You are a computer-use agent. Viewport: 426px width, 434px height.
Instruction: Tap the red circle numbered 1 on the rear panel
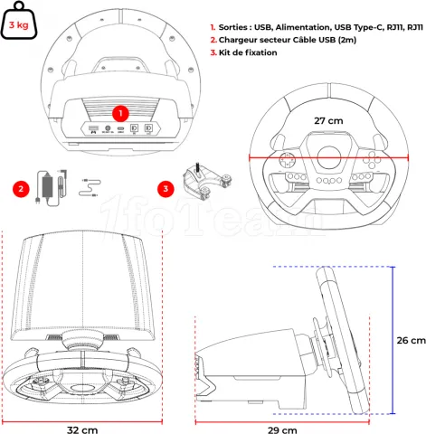coord(119,113)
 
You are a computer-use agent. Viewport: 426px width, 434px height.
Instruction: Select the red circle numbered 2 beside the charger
coord(19,189)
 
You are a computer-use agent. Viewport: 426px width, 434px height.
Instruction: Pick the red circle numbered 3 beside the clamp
coord(164,189)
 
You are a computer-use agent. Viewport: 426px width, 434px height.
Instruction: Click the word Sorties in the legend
coord(237,28)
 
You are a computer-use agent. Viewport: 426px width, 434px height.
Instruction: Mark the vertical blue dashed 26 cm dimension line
coord(393,341)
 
